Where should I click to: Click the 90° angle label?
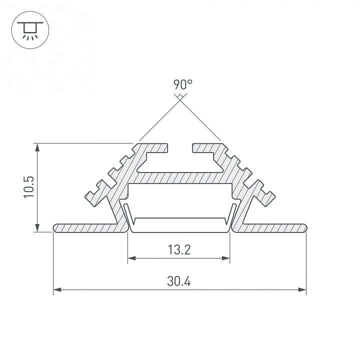[183, 84]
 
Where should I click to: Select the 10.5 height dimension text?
[29, 187]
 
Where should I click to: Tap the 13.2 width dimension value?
[179, 250]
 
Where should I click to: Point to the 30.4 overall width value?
[179, 281]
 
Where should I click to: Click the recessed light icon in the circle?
[30, 30]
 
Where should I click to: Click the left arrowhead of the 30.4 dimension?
[57, 289]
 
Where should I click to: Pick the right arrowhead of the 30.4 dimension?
[302, 289]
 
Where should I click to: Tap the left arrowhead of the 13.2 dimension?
[131, 258]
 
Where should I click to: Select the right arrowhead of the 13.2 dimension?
[226, 258]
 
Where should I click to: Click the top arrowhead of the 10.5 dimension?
[37, 147]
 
